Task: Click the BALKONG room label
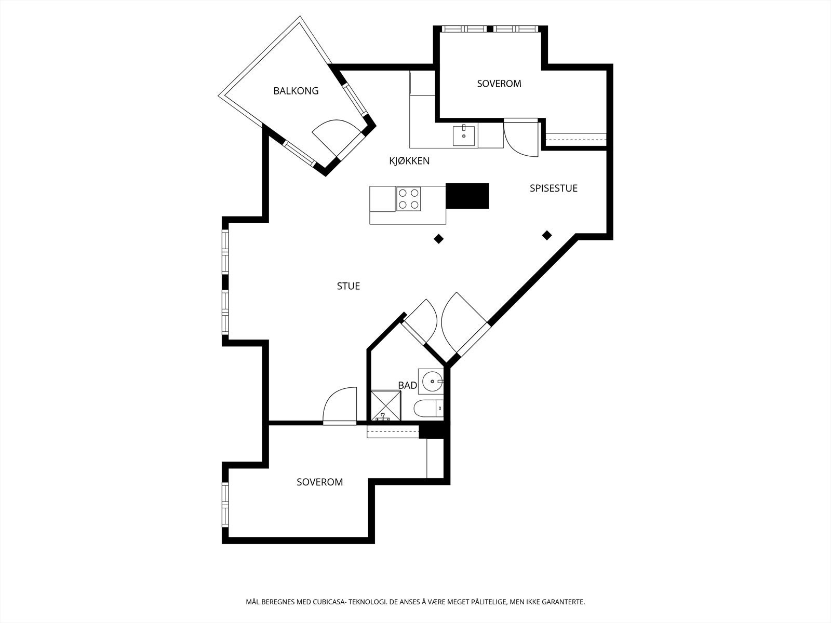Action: [296, 91]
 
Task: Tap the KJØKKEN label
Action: [409, 161]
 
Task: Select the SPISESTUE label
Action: [554, 188]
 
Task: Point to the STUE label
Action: [349, 286]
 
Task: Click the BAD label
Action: [407, 385]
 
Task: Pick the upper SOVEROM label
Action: [499, 84]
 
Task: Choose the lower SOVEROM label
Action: [319, 482]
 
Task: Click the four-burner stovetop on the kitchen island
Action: [409, 199]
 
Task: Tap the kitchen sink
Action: [464, 136]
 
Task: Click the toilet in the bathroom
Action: [428, 409]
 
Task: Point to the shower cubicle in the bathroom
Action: [386, 405]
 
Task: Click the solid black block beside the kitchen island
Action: [467, 196]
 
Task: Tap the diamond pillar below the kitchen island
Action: [439, 239]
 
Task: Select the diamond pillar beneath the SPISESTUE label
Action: [547, 235]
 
